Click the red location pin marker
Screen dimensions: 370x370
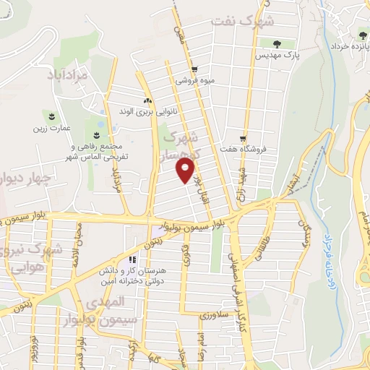[186, 170]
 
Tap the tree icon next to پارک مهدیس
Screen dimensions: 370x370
[277, 44]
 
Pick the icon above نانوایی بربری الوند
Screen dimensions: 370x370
[147, 101]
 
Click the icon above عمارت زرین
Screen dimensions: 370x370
[52, 116]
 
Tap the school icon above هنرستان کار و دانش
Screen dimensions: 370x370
[132, 259]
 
